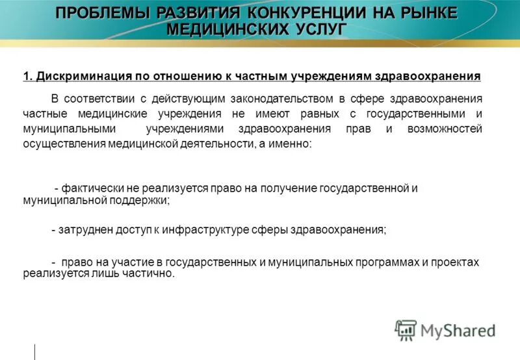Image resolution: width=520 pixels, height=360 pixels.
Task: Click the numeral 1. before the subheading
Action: [x=28, y=77]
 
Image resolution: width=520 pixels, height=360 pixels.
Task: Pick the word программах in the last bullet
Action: [x=374, y=263]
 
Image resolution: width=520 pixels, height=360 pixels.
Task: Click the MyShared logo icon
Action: [x=406, y=331]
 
